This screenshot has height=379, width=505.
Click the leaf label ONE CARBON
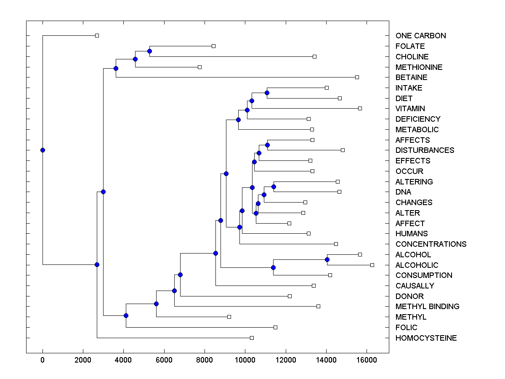[420, 36]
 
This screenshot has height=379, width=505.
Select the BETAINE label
[411, 77]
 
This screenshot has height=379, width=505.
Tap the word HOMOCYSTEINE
[426, 338]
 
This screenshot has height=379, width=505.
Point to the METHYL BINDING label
[427, 307]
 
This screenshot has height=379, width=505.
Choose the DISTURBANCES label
[425, 150]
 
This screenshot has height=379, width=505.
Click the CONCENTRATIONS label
[431, 244]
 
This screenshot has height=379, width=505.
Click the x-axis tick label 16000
[367, 360]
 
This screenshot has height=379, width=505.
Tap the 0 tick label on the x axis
[43, 360]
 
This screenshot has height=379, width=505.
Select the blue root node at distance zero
[43, 150]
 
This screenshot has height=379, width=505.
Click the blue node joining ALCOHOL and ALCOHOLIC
[327, 259]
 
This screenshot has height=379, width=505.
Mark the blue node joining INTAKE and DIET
[267, 93]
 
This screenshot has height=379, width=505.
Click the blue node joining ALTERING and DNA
[274, 187]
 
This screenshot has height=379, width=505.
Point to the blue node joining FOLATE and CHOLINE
[149, 51]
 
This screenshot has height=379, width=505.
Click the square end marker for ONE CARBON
[97, 35]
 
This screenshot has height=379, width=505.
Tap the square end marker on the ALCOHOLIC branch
[372, 265]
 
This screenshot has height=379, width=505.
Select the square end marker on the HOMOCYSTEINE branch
[252, 338]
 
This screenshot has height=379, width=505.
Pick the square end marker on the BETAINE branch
[357, 77]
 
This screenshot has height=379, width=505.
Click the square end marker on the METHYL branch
[229, 317]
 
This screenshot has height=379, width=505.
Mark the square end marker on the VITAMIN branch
[360, 108]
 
